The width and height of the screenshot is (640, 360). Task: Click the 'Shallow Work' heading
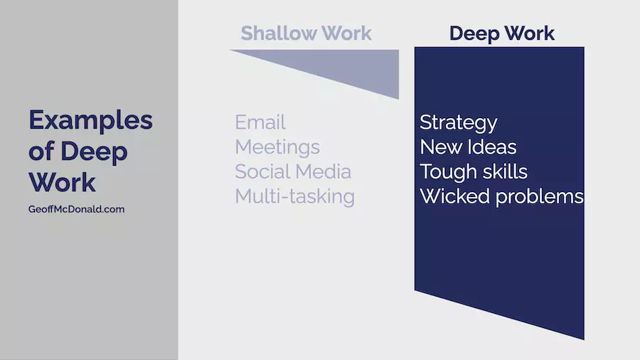[x=306, y=33]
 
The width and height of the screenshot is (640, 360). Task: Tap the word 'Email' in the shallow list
[x=260, y=122]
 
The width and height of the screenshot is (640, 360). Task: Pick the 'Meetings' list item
[x=277, y=147]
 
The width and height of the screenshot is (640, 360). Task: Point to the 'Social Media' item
[x=293, y=171]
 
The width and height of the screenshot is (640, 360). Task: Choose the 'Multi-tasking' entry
[x=294, y=196]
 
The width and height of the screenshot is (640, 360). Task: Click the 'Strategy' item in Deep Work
[x=459, y=123]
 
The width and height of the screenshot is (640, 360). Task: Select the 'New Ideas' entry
[x=468, y=147]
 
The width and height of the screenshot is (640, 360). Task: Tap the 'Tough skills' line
[x=474, y=172]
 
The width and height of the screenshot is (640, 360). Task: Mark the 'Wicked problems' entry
[x=501, y=197]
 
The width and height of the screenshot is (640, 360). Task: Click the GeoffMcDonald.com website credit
[x=76, y=209]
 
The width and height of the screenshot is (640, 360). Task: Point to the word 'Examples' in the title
[x=90, y=121]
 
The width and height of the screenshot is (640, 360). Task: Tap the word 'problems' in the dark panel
[x=539, y=197]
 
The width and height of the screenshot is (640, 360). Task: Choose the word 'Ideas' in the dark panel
[x=492, y=147]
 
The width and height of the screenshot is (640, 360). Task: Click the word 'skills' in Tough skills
[x=504, y=171]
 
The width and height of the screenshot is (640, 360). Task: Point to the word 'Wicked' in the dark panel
[x=454, y=196]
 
